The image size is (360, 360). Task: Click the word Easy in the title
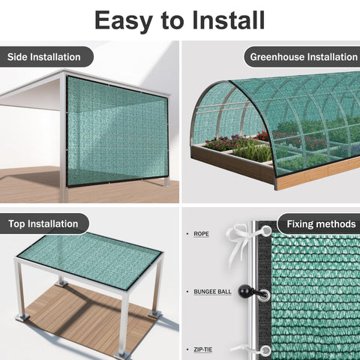(x=124, y=20)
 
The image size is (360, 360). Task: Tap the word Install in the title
(x=229, y=20)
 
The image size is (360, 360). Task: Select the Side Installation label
(x=44, y=57)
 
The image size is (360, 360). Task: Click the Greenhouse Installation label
(x=304, y=57)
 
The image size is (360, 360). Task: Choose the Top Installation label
(x=43, y=223)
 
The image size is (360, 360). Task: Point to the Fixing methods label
(x=321, y=224)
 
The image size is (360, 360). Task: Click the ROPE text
(x=201, y=234)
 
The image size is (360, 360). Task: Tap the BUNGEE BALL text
(x=212, y=292)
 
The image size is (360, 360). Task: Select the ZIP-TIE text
(x=203, y=349)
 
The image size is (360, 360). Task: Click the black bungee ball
(x=244, y=290)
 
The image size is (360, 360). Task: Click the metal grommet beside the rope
(x=266, y=229)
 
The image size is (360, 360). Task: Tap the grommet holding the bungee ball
(x=265, y=294)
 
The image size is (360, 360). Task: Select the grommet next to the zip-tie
(x=265, y=350)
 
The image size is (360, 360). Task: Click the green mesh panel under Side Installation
(x=118, y=131)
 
